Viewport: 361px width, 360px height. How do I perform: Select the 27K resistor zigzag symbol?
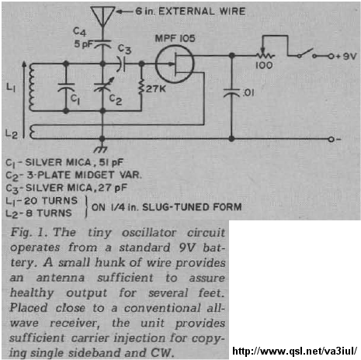141,87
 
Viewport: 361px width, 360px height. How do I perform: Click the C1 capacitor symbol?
66,88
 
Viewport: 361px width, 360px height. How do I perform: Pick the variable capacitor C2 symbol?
103,85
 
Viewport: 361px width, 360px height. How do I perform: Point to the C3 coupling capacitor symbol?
121,64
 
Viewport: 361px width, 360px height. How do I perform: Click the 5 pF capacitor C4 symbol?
102,44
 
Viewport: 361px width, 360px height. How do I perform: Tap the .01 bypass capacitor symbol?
231,92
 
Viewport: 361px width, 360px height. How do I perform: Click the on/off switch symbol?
307,54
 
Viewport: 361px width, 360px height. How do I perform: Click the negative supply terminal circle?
331,139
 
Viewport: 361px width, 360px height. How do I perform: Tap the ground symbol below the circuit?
101,149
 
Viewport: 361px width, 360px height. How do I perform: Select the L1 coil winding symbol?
32,88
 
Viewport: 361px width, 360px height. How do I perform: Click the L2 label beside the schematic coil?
12,134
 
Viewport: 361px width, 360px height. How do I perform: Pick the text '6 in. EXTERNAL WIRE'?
190,12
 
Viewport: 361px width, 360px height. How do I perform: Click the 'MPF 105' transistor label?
175,39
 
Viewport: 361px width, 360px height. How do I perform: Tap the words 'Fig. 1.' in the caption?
30,232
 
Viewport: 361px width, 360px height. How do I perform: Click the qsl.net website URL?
294,351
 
